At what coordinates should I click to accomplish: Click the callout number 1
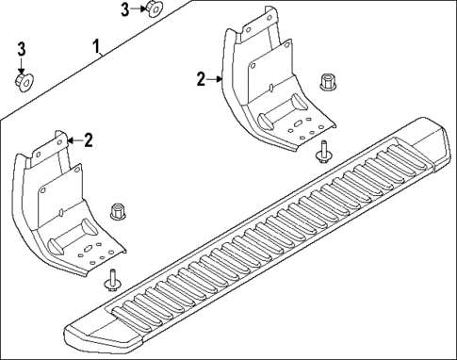point(96,45)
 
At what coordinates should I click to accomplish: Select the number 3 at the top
point(124,9)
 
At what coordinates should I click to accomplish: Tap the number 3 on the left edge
point(22,49)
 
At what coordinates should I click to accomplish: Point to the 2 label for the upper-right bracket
point(201,80)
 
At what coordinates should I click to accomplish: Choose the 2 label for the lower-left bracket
point(88,141)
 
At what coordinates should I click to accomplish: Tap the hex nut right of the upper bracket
point(329,82)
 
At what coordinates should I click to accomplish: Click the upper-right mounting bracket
point(264,85)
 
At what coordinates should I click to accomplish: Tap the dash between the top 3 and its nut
point(136,9)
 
